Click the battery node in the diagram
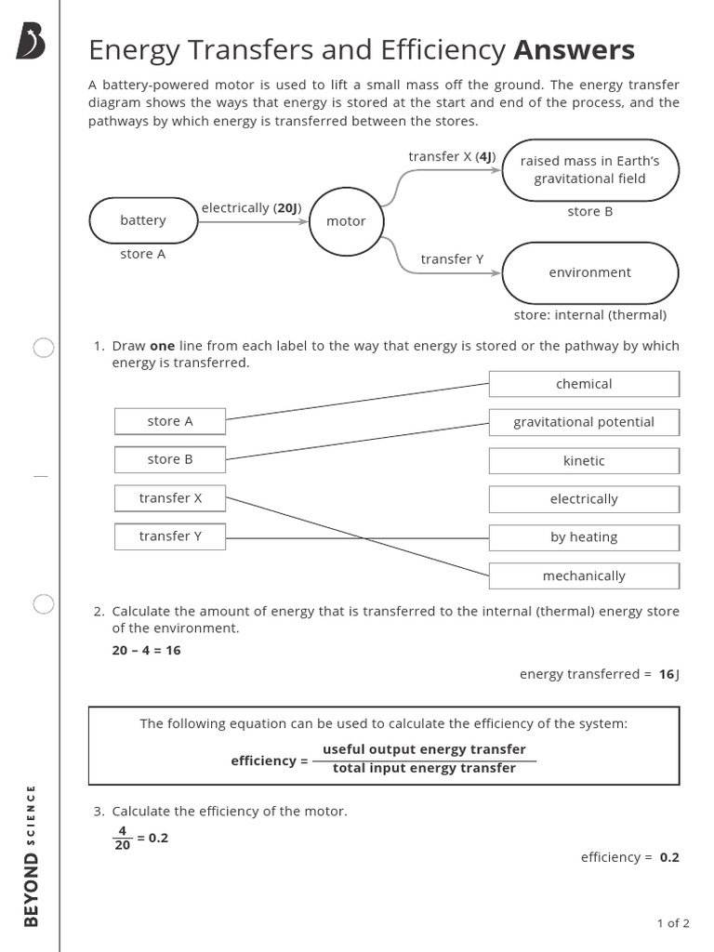[143, 220]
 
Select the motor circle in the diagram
[346, 221]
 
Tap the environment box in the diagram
[589, 272]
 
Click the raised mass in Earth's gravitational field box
[589, 170]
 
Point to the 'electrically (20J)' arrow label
[251, 208]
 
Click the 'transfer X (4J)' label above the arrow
[452, 156]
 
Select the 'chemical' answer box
[584, 384]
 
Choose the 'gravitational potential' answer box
[584, 422]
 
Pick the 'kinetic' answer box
[584, 461]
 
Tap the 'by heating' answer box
[584, 537]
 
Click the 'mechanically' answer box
[584, 576]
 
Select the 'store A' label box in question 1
[170, 421]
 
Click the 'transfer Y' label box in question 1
[170, 536]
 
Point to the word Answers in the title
[574, 49]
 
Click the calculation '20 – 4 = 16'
[146, 650]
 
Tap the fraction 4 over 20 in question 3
[122, 839]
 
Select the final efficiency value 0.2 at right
[669, 857]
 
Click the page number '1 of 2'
[672, 923]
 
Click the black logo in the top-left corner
[30, 42]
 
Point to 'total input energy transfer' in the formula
[424, 769]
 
